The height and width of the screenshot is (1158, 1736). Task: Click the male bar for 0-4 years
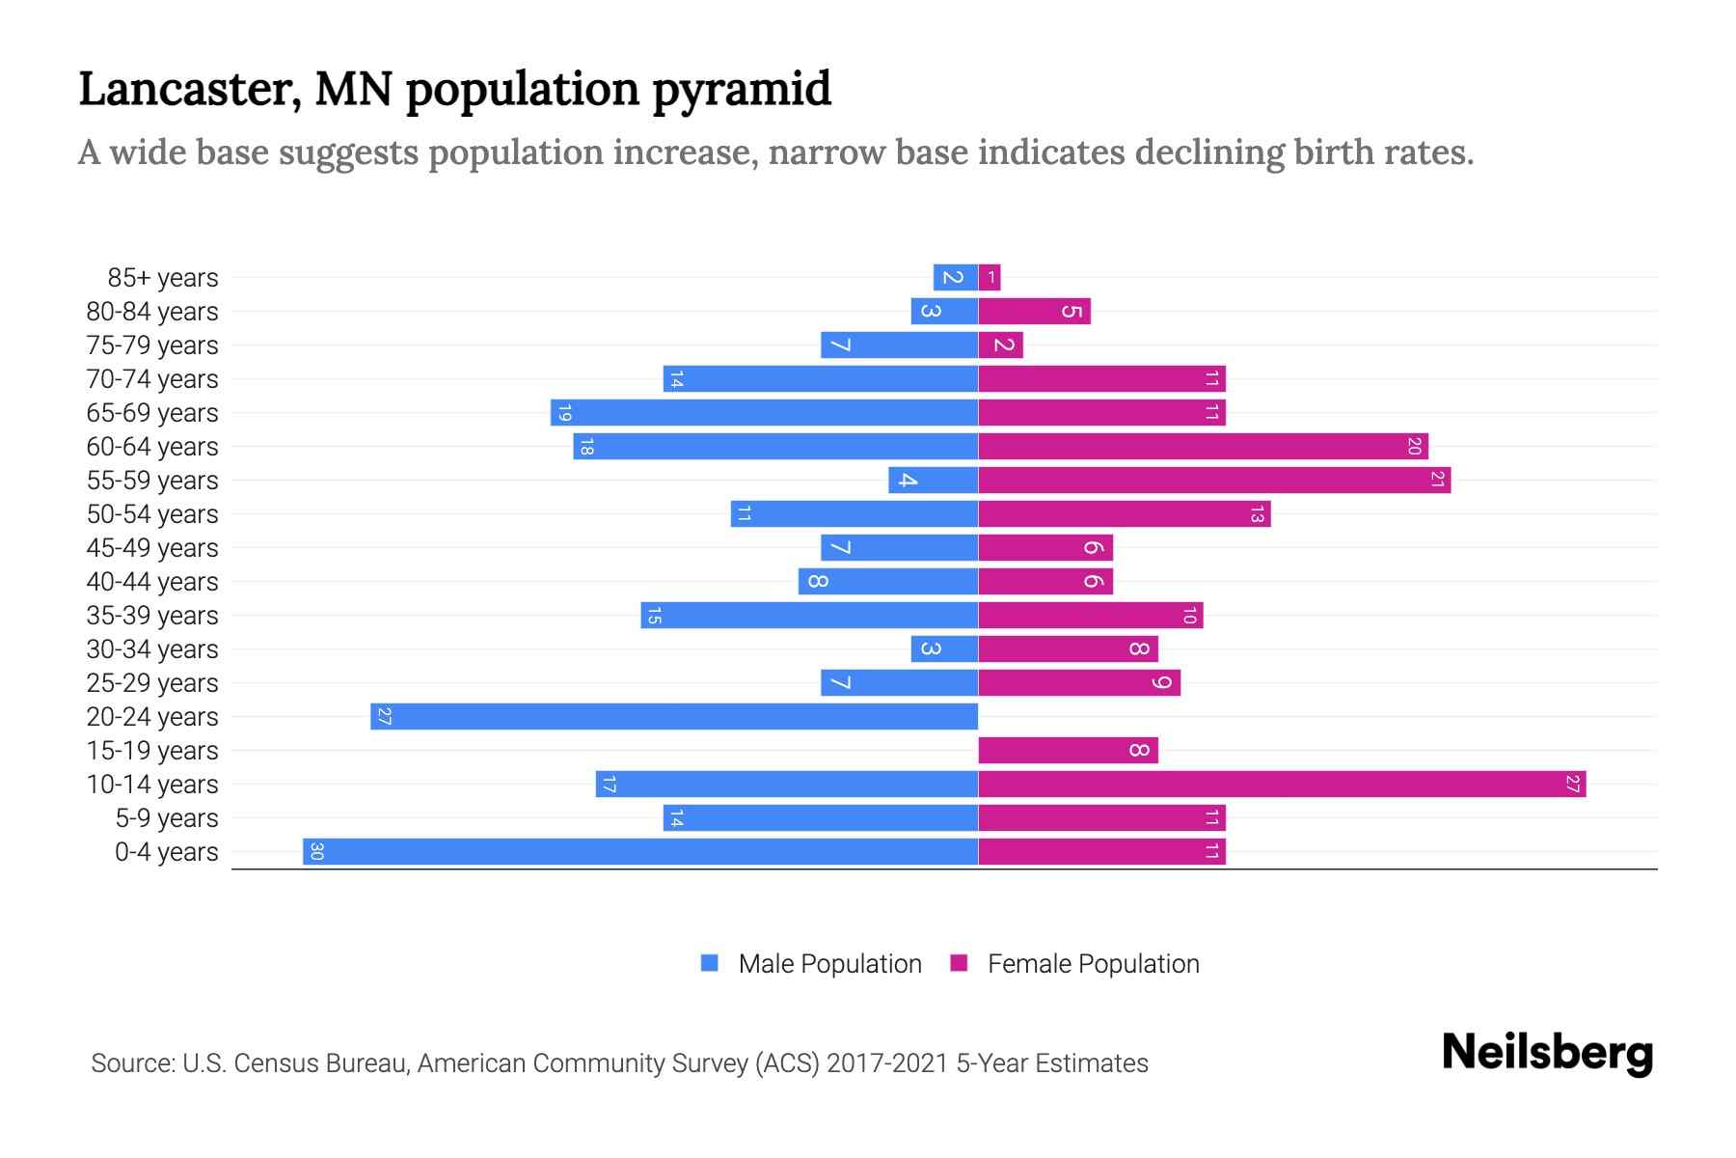(x=640, y=851)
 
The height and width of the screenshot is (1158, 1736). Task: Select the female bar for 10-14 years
(x=1282, y=784)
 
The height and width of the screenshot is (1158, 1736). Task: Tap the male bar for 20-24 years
(x=674, y=716)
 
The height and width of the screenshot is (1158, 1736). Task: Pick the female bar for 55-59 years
(x=1214, y=480)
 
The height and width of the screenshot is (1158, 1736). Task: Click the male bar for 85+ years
(x=955, y=277)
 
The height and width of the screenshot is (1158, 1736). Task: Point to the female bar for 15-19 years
(x=1068, y=750)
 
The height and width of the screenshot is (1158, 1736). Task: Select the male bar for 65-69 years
(x=764, y=412)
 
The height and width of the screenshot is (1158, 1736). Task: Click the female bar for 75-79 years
(x=1000, y=345)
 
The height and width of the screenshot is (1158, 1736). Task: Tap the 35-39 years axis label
(x=152, y=615)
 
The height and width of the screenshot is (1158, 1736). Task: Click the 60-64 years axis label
(x=152, y=446)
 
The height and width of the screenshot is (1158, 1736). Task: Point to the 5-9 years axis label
(x=167, y=817)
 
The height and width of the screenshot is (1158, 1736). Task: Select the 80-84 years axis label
(x=152, y=311)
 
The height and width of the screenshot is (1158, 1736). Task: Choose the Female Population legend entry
(x=1074, y=963)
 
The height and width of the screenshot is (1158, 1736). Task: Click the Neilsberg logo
(x=1547, y=1053)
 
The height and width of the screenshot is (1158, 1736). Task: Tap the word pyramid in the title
(x=741, y=89)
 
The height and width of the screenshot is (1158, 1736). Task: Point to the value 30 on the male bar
(x=316, y=851)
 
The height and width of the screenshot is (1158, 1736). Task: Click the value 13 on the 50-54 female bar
(x=1256, y=514)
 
